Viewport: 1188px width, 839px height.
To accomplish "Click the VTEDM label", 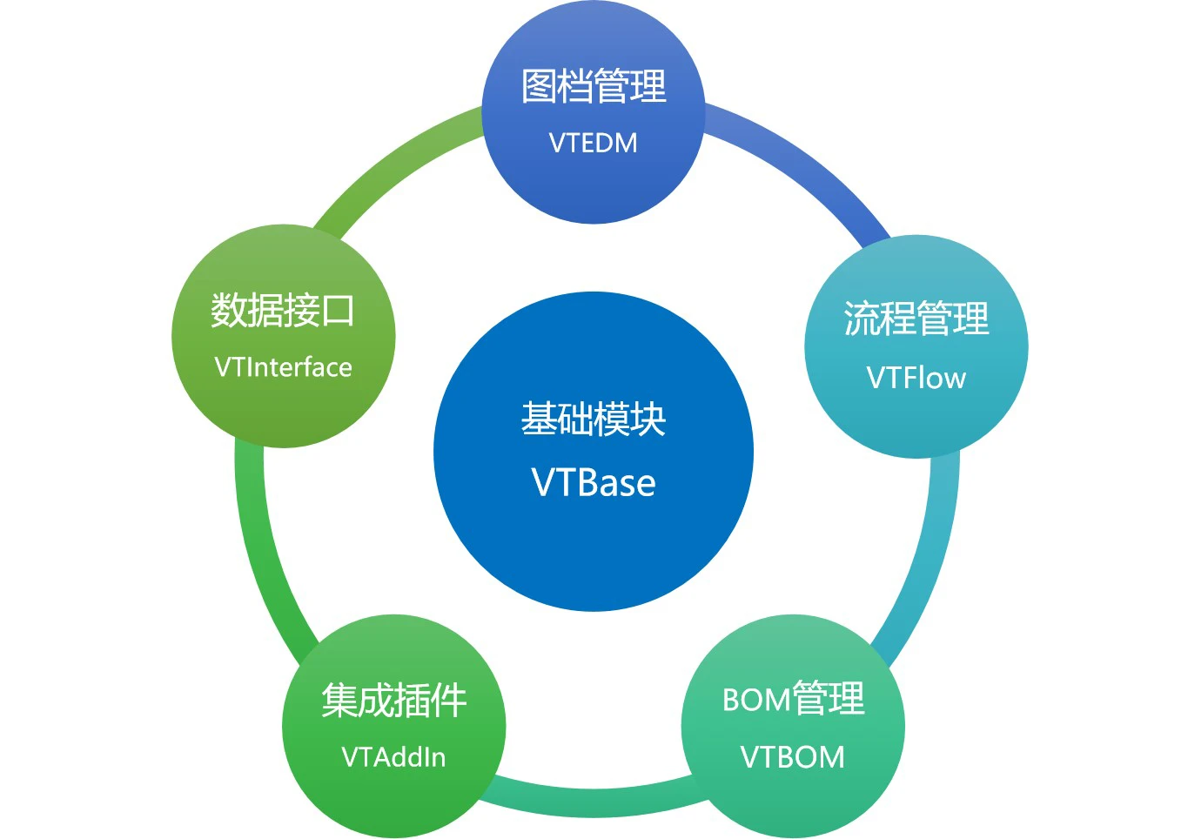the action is point(593,144).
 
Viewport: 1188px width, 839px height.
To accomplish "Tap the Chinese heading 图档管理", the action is point(594,86).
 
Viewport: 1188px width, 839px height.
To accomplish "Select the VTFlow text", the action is point(916,378).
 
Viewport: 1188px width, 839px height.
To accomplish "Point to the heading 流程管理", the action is point(916,319).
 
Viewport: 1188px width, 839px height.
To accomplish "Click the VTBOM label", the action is point(792,757).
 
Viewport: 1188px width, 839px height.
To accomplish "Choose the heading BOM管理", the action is point(794,698).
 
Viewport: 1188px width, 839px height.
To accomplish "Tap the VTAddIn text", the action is point(393,757).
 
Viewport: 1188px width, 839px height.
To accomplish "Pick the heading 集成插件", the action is point(393,700).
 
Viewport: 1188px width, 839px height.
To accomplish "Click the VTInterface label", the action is point(283,367).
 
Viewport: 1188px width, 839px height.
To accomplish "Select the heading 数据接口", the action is point(283,310).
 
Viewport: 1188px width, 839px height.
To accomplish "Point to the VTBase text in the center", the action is point(594,483).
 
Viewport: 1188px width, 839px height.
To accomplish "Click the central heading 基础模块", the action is point(594,419).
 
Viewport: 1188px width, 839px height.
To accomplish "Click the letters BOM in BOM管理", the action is point(757,700).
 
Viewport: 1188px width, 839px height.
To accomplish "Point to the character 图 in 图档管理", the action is point(539,86).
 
